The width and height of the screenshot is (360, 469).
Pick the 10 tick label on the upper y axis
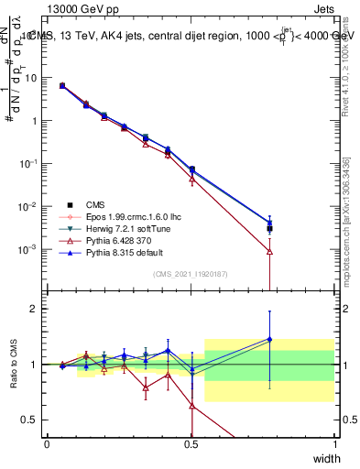pyautogui.click(x=31, y=78)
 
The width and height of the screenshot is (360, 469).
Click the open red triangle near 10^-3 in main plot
pyautogui.click(x=269, y=250)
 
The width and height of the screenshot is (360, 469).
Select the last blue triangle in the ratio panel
pyautogui.click(x=269, y=339)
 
